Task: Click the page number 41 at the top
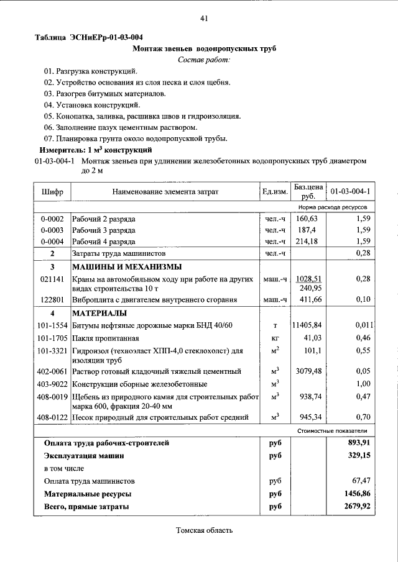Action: [203, 19]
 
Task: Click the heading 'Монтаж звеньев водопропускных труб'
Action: [205, 48]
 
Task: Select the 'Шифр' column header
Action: [52, 192]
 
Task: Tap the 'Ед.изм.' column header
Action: [274, 192]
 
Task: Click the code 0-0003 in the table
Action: [52, 230]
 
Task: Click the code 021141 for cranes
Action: [52, 280]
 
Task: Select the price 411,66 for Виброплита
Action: [307, 300]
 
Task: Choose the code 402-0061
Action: [52, 371]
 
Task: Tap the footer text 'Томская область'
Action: [205, 530]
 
